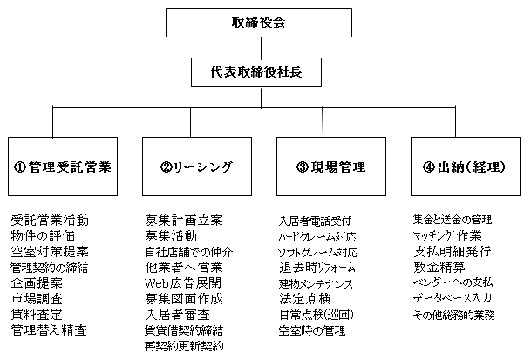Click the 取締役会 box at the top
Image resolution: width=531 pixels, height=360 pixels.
(x=259, y=23)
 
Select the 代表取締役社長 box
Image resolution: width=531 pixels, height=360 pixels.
(x=256, y=72)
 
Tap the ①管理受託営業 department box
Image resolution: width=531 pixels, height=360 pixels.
(x=63, y=166)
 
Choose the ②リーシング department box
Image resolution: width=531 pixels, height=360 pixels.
(x=197, y=166)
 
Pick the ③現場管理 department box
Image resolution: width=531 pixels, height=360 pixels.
(x=331, y=166)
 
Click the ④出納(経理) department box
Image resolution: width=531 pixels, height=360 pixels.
(x=466, y=166)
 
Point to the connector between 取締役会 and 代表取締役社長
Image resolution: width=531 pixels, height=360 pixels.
(x=261, y=47)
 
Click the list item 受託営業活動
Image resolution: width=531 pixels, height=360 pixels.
(x=50, y=221)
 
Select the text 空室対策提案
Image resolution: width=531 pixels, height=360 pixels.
(x=50, y=252)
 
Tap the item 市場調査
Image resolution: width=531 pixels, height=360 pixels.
(x=37, y=299)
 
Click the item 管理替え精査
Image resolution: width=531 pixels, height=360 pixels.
(x=49, y=329)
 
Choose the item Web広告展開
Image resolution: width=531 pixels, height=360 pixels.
(x=183, y=282)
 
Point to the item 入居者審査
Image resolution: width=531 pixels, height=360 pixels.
(x=178, y=315)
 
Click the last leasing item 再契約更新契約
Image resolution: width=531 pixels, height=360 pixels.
(x=184, y=346)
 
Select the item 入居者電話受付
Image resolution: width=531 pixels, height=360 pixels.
(x=315, y=221)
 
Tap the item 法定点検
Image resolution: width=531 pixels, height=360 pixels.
(x=305, y=299)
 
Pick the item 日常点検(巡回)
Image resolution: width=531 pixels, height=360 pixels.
(x=317, y=315)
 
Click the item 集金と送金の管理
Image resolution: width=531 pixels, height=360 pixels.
(x=453, y=220)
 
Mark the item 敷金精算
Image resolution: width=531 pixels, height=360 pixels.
(x=439, y=268)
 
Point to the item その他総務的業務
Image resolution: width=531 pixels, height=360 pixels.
(x=453, y=315)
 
